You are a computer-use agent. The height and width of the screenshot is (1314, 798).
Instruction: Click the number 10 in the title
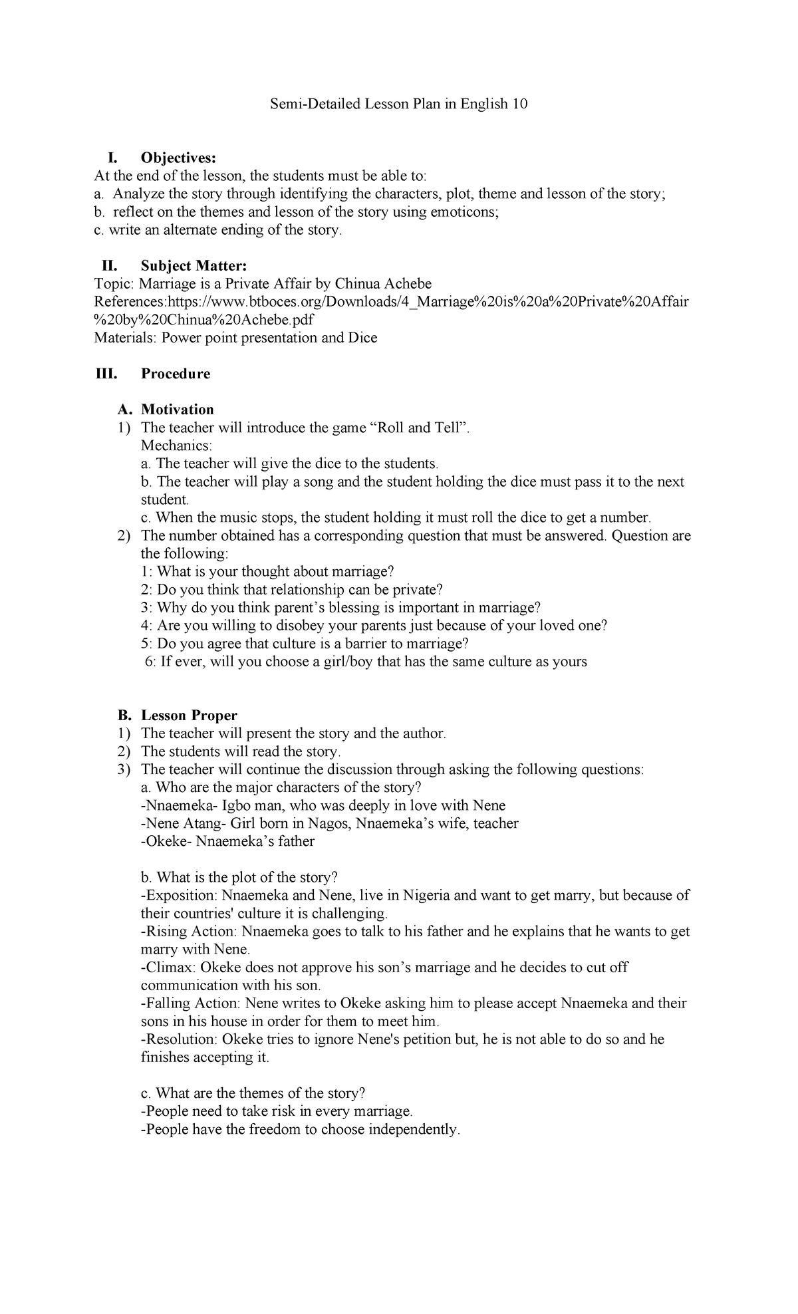click(519, 104)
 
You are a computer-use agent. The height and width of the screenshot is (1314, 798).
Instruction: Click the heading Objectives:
click(178, 158)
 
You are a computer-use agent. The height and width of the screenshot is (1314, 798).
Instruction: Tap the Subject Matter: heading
click(194, 266)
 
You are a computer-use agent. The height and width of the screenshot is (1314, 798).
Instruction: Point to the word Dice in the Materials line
click(362, 338)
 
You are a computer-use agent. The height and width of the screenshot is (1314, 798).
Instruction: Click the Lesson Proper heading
click(189, 716)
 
